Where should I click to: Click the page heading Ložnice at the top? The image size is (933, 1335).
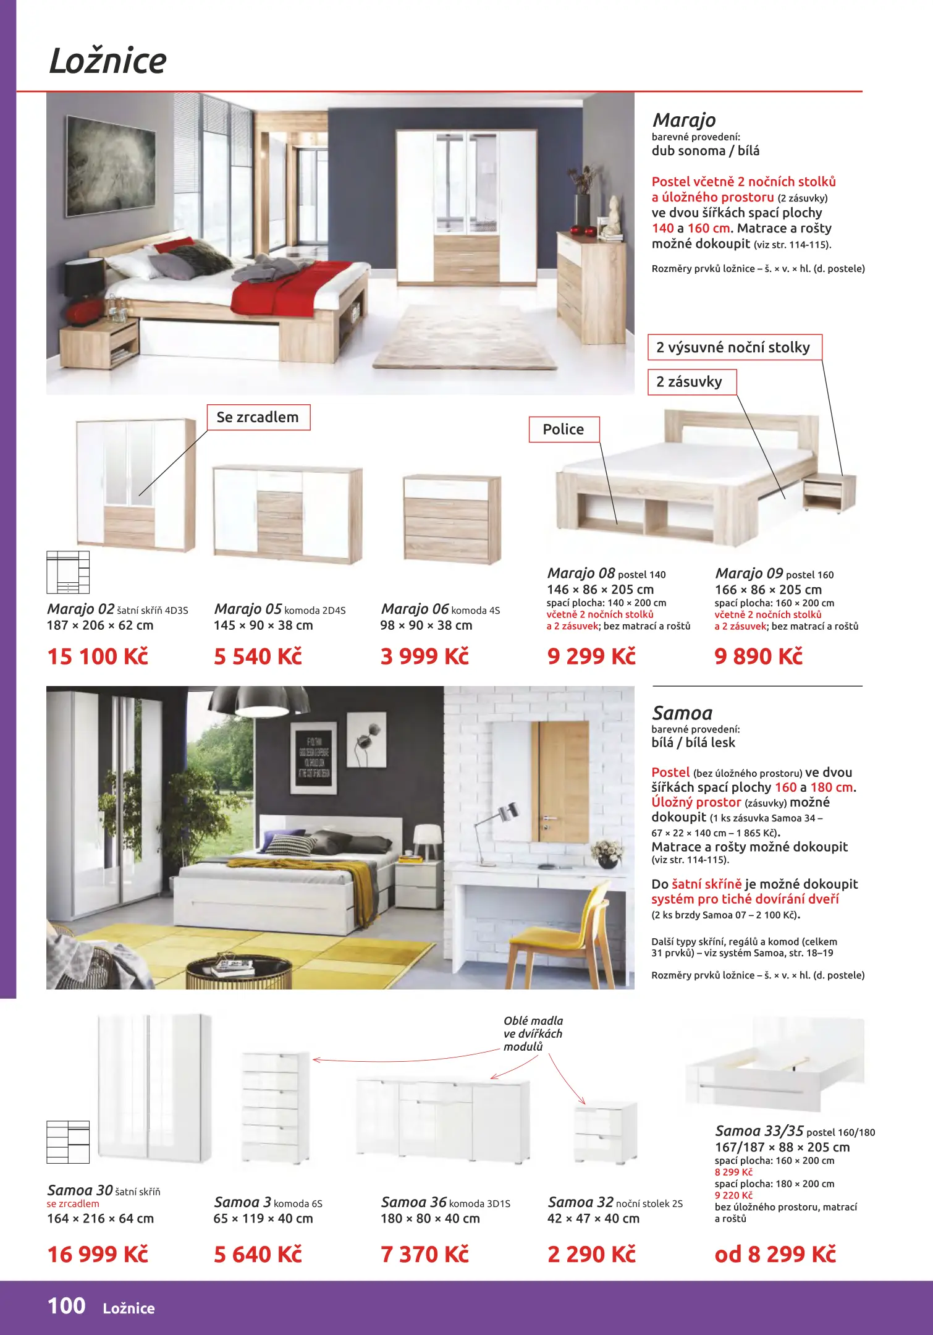[108, 61]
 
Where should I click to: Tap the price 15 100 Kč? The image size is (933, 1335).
[98, 656]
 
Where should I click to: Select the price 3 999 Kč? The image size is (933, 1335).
[424, 656]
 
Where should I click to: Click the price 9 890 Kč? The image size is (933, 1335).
[758, 656]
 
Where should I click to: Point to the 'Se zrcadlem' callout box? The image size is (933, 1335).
[258, 418]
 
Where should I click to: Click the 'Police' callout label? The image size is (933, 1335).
[564, 430]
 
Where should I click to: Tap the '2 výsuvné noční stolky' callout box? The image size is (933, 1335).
[734, 347]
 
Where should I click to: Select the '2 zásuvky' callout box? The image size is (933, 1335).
[691, 382]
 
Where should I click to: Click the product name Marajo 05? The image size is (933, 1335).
[248, 609]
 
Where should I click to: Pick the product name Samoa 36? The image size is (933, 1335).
[414, 1202]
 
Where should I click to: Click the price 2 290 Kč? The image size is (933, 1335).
[591, 1254]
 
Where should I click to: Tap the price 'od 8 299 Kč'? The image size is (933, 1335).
[775, 1254]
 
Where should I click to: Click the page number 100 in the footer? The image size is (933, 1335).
[67, 1306]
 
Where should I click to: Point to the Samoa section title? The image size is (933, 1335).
[682, 713]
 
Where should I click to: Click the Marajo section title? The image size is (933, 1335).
[684, 120]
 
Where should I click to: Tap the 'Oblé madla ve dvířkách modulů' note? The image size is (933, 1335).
[533, 1033]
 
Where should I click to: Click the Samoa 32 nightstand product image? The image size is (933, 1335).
[606, 1132]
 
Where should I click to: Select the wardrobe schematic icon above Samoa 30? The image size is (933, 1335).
[68, 1142]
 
